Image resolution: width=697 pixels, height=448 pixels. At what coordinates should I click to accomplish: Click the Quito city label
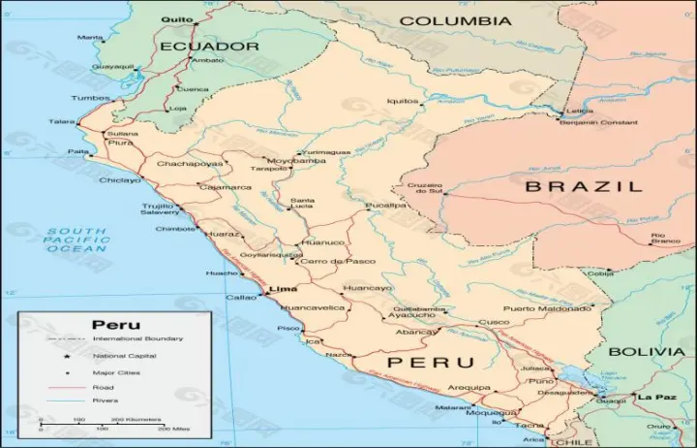176,18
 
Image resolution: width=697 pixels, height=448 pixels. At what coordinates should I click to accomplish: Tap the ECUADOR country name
210,46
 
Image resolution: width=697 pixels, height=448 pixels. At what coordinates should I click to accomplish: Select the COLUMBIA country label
455,20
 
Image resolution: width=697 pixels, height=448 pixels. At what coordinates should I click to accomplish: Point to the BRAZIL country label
583,186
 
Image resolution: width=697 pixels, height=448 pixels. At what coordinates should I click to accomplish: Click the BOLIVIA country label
648,351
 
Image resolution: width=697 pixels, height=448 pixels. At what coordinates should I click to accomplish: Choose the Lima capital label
282,289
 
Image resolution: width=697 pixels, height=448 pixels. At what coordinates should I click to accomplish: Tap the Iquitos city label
403,101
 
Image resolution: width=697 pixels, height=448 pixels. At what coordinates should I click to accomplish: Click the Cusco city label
494,322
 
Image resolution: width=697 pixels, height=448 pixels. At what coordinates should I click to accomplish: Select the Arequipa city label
470,388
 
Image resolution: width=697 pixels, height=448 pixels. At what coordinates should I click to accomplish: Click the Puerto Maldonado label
547,308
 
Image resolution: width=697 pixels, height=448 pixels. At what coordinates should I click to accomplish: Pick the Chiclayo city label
119,179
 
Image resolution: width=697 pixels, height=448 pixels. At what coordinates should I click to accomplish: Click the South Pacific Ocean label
76,240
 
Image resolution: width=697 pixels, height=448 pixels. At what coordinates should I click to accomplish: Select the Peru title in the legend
115,325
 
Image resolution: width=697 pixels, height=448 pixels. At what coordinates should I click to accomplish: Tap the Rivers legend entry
106,400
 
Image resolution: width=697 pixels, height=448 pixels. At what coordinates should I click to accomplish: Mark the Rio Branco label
664,238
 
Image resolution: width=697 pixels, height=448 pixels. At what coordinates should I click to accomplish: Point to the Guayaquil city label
113,66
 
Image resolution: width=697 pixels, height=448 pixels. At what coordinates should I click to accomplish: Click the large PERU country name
431,363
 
